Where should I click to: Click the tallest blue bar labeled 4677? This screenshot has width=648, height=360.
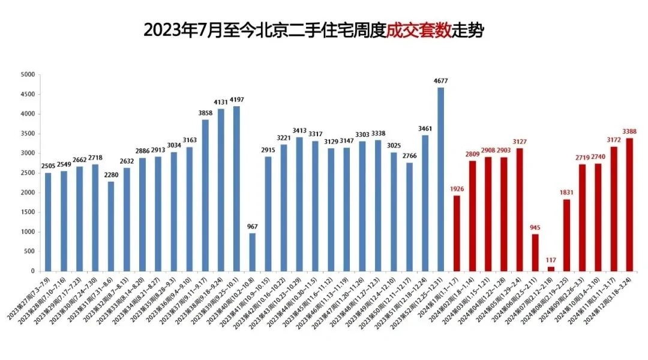(441, 180)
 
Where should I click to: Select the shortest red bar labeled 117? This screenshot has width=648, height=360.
(551, 269)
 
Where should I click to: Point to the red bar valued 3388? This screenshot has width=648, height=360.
(629, 204)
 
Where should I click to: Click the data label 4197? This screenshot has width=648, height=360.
(236, 100)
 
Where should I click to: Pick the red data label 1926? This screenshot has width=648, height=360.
(457, 189)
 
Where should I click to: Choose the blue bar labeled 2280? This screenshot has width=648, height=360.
(111, 226)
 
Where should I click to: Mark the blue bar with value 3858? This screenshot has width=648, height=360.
(205, 195)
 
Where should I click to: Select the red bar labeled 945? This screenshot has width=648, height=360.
(535, 253)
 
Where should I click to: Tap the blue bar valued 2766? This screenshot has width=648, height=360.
(410, 217)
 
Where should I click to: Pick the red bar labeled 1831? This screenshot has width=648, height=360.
(566, 235)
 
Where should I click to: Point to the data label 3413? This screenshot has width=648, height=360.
(299, 130)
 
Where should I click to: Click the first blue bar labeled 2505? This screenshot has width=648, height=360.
(48, 222)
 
